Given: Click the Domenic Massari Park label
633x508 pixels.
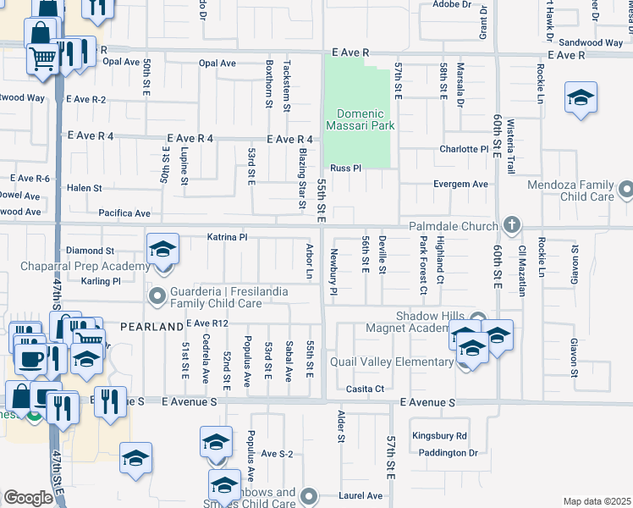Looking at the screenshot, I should (366, 119).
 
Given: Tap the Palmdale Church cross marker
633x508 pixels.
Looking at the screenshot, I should (511, 226).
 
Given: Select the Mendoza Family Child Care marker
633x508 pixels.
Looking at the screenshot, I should (625, 189).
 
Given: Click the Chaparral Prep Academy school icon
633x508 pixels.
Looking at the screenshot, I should (162, 251).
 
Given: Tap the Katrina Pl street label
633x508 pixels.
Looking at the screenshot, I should (227, 238).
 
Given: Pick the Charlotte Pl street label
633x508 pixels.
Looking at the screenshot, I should (465, 149).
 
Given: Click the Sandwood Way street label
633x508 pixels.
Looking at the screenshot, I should (592, 42).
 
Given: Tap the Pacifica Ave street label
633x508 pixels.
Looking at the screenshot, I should (124, 213).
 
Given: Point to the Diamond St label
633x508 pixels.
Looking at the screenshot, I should (90, 251).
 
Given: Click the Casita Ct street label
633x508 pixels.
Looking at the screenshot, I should (368, 389).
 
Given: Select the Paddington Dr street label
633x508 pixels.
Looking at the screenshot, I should (449, 453).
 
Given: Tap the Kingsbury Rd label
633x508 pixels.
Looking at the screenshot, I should (439, 436).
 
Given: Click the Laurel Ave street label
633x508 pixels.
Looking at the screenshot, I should (362, 495).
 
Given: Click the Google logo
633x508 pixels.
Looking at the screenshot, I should (28, 498).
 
